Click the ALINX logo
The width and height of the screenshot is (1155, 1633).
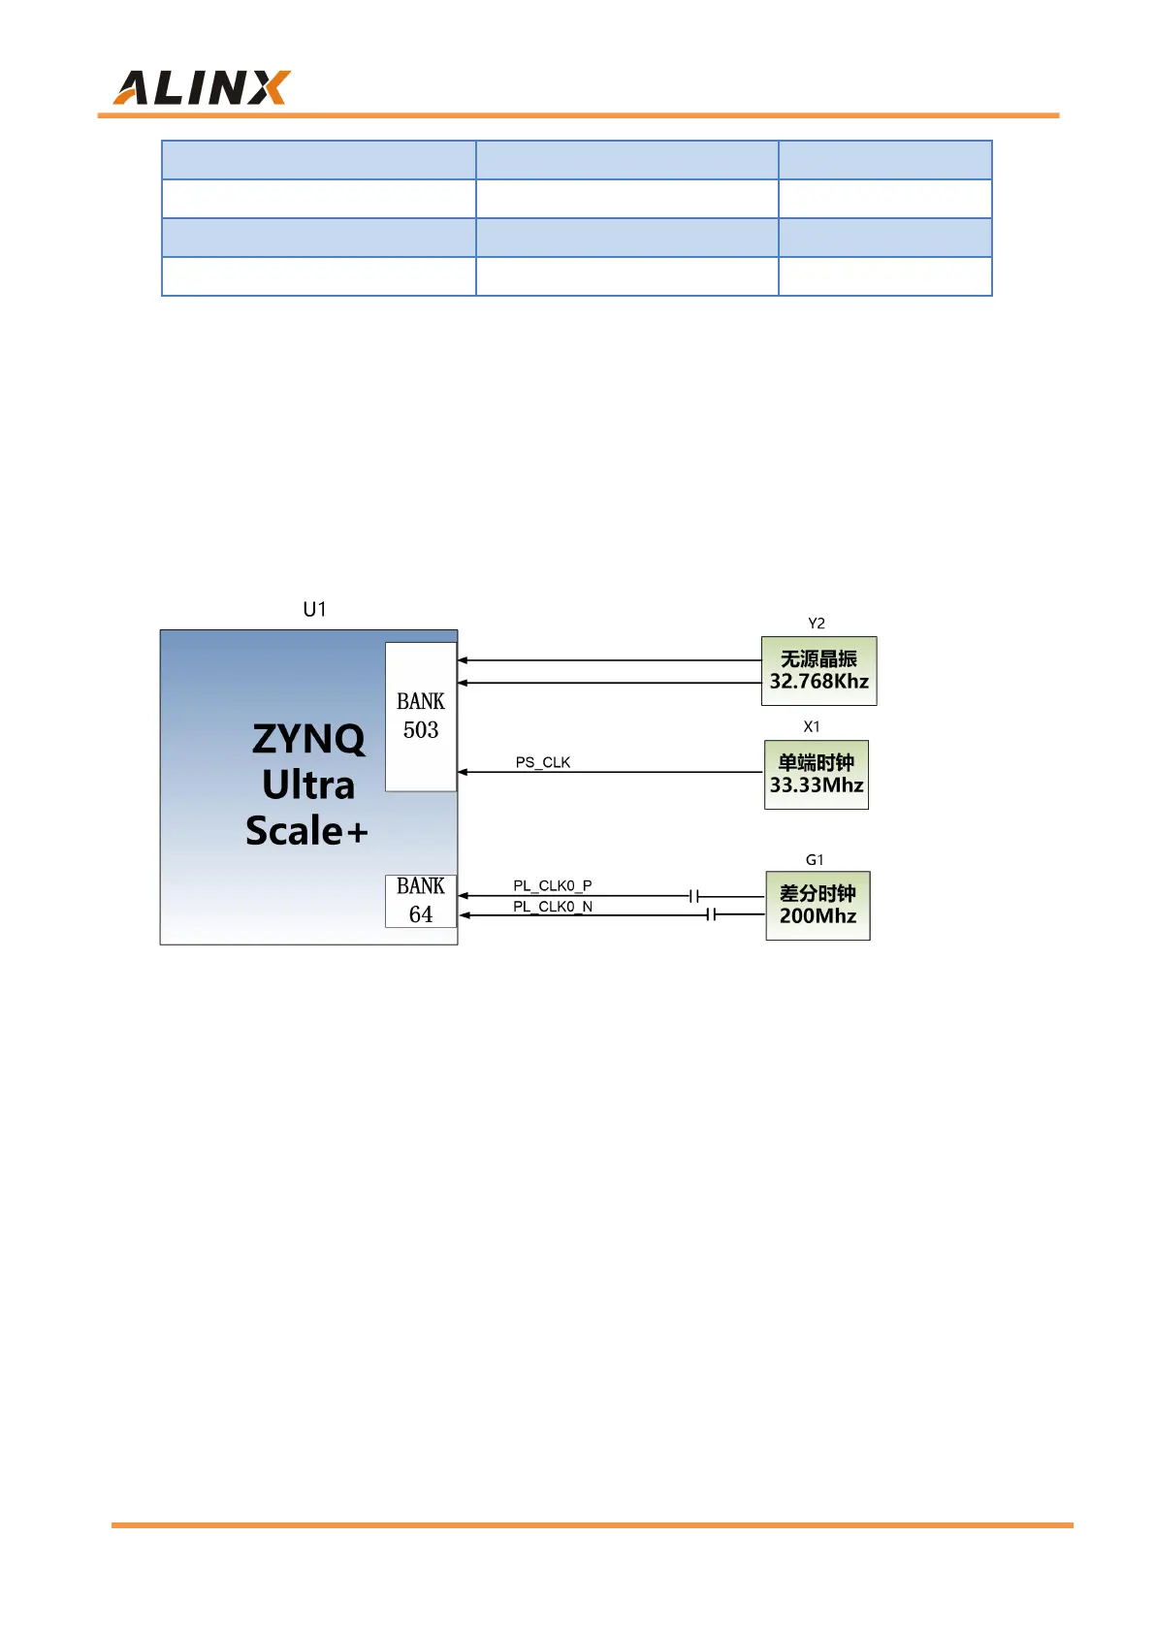(202, 87)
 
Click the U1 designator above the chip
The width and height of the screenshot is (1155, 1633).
(314, 609)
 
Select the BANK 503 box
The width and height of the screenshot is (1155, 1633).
(421, 716)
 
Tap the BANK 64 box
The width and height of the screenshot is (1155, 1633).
(421, 901)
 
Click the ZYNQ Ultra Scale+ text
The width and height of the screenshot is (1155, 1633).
(307, 784)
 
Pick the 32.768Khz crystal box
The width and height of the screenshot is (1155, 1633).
(818, 671)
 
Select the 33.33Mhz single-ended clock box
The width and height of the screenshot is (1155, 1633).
(816, 775)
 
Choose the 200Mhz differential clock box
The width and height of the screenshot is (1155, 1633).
(818, 906)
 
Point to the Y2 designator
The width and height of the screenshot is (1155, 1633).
(817, 624)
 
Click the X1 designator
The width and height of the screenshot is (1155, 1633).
(812, 726)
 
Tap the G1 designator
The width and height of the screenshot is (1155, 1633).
(815, 860)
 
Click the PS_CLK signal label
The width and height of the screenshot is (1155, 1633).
(543, 762)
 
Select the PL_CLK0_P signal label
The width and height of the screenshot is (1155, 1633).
(553, 885)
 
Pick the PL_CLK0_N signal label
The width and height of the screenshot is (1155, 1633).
(553, 907)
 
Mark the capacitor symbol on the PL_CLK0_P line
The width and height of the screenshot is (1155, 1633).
(694, 896)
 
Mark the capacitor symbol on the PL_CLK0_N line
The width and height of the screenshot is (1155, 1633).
(712, 914)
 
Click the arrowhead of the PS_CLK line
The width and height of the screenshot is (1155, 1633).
(464, 772)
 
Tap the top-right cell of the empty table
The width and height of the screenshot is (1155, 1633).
(884, 160)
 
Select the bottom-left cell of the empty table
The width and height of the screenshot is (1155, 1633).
(318, 276)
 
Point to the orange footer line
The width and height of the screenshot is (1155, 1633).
(592, 1525)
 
